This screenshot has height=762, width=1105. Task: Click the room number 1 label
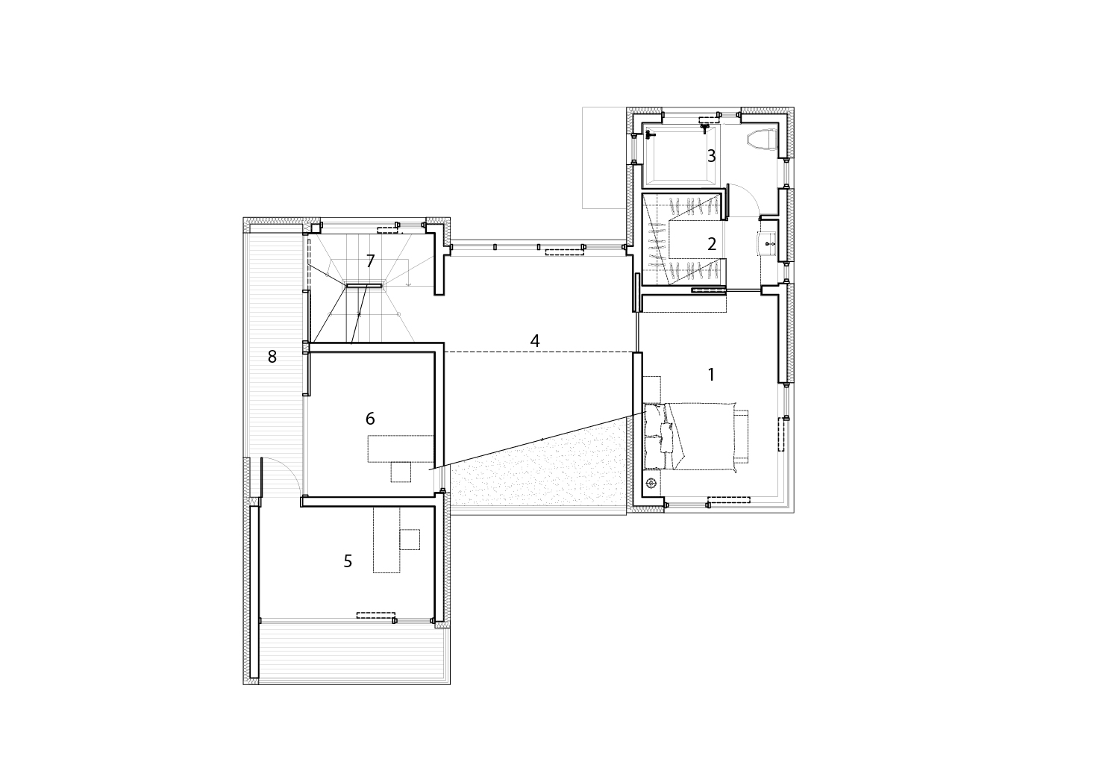tap(711, 375)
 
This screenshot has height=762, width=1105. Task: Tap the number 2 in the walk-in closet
tap(711, 244)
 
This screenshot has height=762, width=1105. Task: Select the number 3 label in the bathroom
tap(711, 156)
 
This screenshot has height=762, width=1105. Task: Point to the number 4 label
tap(535, 340)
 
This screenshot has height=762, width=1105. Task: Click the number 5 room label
tap(348, 561)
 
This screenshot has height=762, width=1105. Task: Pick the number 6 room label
tap(370, 419)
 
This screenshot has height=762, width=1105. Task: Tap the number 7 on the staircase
tap(370, 261)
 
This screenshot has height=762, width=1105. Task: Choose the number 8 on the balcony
tap(272, 356)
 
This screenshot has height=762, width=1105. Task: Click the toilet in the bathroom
tap(763, 139)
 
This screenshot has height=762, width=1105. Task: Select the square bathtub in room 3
tap(680, 155)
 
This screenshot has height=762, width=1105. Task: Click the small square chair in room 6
tap(401, 472)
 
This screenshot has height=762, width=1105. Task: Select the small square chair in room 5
tap(410, 540)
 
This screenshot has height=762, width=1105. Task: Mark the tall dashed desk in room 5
tap(386, 540)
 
